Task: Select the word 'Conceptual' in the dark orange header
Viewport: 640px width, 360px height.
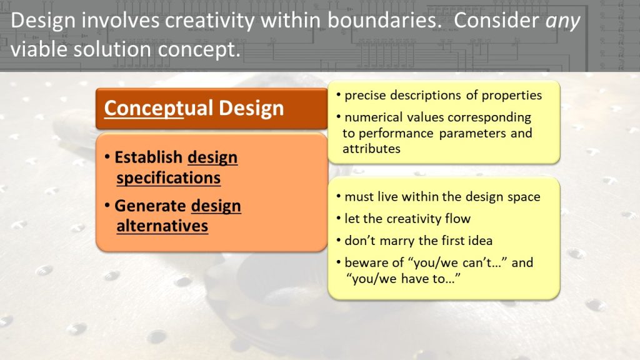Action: [159, 109]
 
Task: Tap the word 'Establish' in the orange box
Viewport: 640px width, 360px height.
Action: [148, 157]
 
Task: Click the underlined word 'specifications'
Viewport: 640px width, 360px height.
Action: [169, 178]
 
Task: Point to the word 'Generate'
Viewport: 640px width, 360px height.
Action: [150, 206]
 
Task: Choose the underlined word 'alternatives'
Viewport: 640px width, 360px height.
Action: [162, 226]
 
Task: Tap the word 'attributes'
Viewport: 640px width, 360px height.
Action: [371, 149]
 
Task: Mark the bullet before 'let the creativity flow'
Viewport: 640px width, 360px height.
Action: [339, 218]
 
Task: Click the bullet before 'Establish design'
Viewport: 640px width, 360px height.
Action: [107, 157]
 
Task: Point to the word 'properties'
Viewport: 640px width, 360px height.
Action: [512, 96]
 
